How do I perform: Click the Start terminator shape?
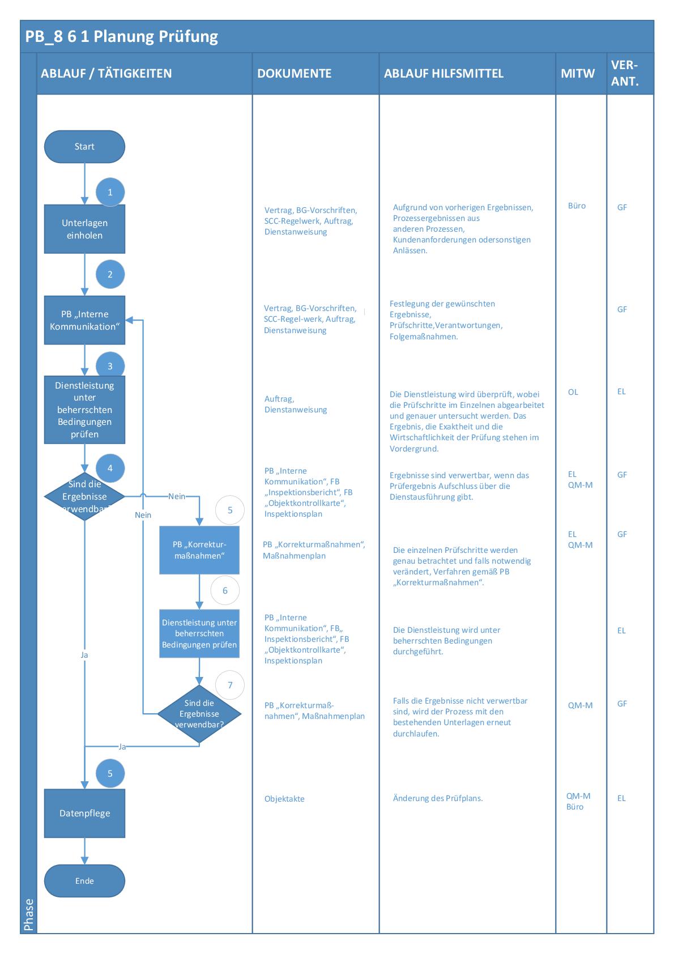pos(84,147)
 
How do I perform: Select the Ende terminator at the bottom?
pos(84,881)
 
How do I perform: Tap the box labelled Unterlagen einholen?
pos(84,229)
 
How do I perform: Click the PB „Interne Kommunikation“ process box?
pos(84,320)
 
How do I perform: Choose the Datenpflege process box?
pos(84,814)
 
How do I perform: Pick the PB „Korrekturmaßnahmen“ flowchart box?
pos(199,550)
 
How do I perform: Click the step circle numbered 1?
pos(110,192)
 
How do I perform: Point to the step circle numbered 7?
pos(230,685)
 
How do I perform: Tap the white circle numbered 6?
pos(225,590)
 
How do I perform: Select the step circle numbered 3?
pos(110,365)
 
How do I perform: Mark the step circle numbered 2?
pos(110,274)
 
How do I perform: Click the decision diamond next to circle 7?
pos(199,714)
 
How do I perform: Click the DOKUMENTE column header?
pos(294,74)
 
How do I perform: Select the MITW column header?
pos(578,74)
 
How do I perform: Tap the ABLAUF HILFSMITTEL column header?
pos(443,74)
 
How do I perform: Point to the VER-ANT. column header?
pos(625,73)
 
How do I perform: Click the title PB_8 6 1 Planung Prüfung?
pos(122,37)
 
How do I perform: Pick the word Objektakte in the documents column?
pos(284,799)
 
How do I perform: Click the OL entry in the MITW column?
pos(573,392)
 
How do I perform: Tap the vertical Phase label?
pos(29,914)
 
